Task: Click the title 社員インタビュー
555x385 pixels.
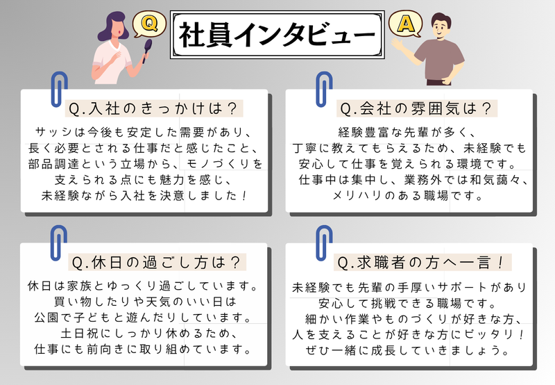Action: click(277, 35)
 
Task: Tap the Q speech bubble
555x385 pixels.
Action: click(149, 24)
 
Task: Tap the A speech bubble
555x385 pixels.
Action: click(406, 24)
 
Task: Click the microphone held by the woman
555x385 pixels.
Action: click(147, 50)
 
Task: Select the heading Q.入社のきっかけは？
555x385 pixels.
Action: click(153, 108)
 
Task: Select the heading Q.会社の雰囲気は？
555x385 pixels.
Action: click(416, 108)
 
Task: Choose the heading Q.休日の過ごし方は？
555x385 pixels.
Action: click(157, 263)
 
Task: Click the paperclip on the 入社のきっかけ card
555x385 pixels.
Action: click(59, 90)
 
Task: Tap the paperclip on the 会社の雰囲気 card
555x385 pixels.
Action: click(324, 90)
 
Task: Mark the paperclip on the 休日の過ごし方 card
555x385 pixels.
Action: click(59, 243)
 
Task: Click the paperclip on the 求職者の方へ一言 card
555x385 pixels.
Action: click(324, 243)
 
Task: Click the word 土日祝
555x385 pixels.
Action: click(79, 334)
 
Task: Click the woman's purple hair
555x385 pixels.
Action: click(110, 26)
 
